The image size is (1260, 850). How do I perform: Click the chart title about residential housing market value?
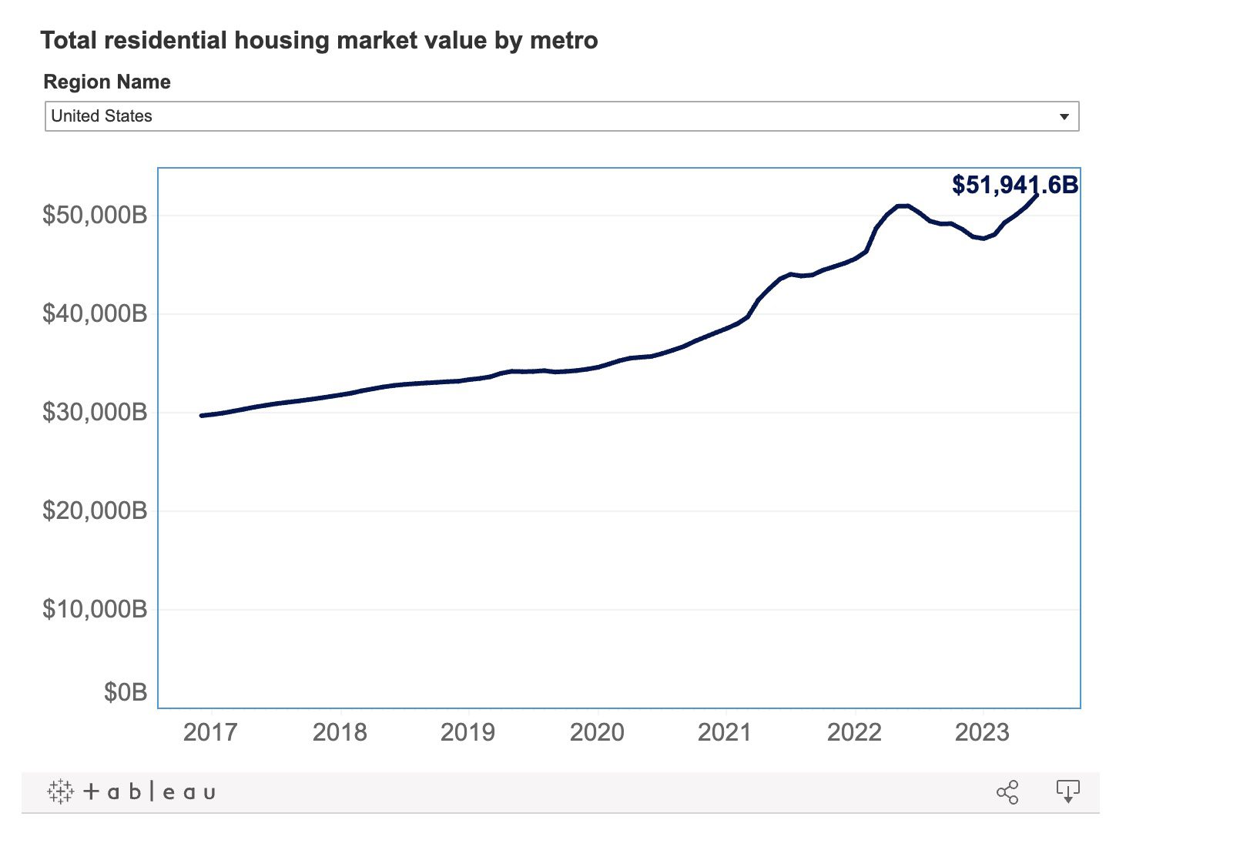pos(319,41)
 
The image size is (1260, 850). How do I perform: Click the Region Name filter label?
pos(107,82)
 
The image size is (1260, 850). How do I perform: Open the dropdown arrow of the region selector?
pos(1064,116)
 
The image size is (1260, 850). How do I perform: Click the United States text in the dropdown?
pos(101,115)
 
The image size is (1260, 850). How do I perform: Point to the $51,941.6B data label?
pos(1015,185)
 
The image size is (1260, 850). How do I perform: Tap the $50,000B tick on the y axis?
pos(95,215)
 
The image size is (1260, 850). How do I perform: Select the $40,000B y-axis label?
pos(95,313)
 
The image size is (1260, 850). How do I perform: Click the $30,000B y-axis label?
pos(95,413)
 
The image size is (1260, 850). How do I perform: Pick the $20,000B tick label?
pos(95,511)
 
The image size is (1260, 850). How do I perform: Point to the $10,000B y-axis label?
pos(95,609)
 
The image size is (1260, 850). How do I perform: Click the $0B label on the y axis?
pos(126,693)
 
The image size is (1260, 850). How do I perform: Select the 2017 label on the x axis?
pos(210,732)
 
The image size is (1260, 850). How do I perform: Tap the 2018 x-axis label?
pos(340,732)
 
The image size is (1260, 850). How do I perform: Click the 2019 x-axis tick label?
pos(468,732)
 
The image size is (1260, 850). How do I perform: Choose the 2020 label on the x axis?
pos(598,732)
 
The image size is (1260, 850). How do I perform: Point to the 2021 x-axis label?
pos(725,732)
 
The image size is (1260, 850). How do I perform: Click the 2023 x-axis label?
pos(983,732)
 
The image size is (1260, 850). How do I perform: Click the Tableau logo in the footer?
pos(132,792)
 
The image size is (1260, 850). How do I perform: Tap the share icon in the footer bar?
pos(1007,792)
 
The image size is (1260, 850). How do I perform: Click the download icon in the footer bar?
pos(1067,791)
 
